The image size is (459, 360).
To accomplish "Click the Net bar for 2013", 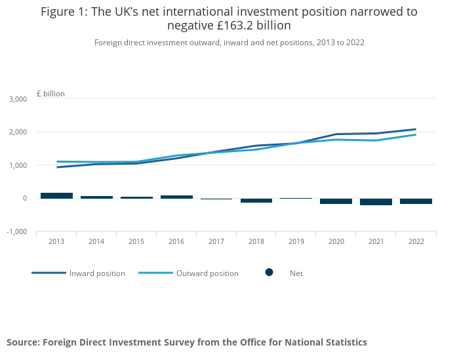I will pos(56,195).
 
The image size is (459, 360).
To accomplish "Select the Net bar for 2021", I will pos(376,202).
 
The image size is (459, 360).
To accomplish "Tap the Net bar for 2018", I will pos(256,200).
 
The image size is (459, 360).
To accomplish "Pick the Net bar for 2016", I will pos(176,197).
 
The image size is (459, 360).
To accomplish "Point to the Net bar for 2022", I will pos(416,201).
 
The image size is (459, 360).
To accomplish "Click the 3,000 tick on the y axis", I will pos(17,99).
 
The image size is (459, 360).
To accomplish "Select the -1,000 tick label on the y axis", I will pos(16,231).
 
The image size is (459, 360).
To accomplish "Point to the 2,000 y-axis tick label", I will pos(17,132).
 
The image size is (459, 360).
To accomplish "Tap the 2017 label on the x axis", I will pos(216,242).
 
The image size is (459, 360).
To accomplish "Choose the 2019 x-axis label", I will pos(296,242).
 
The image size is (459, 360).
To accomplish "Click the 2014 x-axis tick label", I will pos(96,242).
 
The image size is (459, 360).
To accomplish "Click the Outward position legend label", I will pos(207,273).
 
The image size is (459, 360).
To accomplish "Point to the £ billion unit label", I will pos(50,94).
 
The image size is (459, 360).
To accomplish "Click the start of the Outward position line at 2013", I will pos(57,161).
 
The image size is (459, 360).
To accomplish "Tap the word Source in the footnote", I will pos(24,342).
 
